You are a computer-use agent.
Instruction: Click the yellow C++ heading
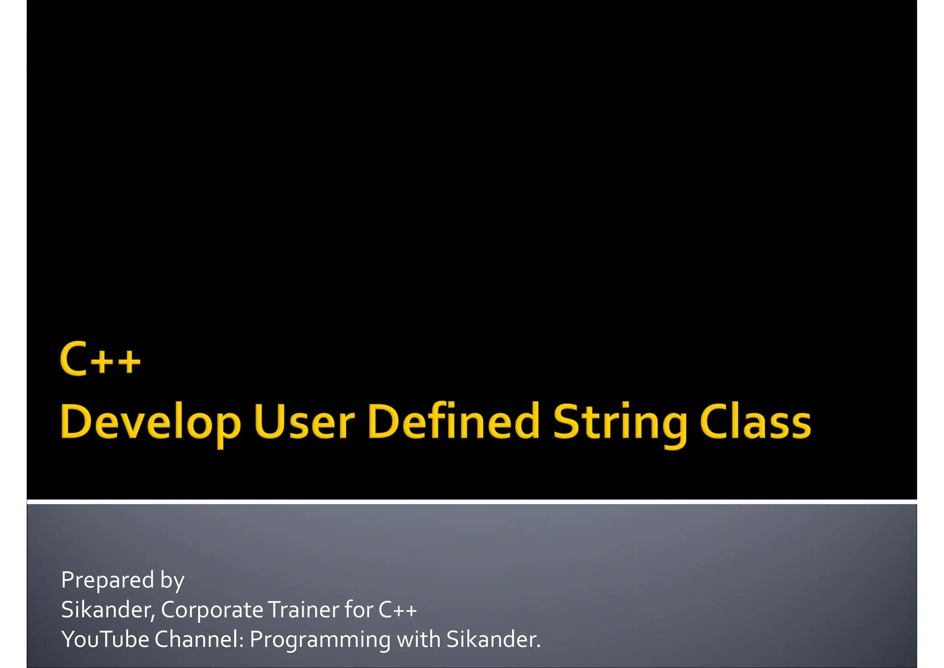(x=100, y=359)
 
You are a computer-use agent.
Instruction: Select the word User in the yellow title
(x=304, y=421)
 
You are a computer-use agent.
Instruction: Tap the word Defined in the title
(x=453, y=421)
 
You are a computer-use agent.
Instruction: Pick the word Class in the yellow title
(x=755, y=421)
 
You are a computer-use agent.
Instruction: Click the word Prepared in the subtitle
(x=107, y=580)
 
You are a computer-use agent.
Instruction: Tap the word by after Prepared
(x=172, y=581)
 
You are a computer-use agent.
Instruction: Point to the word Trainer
(x=303, y=610)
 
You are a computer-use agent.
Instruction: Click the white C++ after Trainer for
(x=397, y=610)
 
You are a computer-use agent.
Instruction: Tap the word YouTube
(x=105, y=640)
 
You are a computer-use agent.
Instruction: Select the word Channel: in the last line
(x=199, y=640)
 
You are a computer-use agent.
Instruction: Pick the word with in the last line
(x=418, y=640)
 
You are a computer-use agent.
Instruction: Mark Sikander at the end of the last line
(x=492, y=640)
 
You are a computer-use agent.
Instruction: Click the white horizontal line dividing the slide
(x=472, y=501)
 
